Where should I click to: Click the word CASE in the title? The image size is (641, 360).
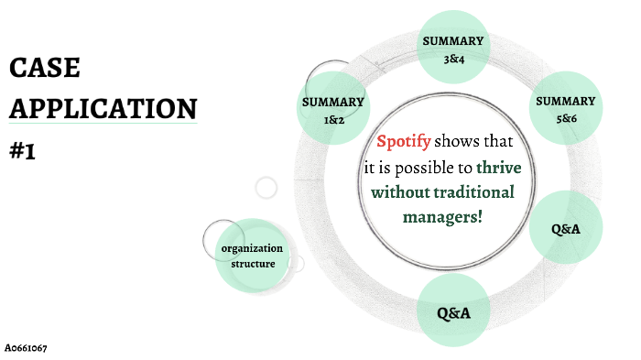[44, 68]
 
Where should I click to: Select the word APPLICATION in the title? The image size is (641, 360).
[103, 108]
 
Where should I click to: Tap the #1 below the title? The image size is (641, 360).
[22, 150]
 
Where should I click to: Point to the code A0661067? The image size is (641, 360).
[26, 348]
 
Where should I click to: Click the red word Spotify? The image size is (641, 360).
[404, 142]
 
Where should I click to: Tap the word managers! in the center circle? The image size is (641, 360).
[442, 217]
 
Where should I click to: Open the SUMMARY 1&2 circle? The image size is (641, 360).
[333, 108]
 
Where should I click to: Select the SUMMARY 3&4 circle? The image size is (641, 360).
[452, 49]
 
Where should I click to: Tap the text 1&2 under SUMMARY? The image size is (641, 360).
[333, 119]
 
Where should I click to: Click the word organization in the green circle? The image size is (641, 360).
[252, 249]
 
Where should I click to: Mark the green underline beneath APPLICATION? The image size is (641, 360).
[103, 124]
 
